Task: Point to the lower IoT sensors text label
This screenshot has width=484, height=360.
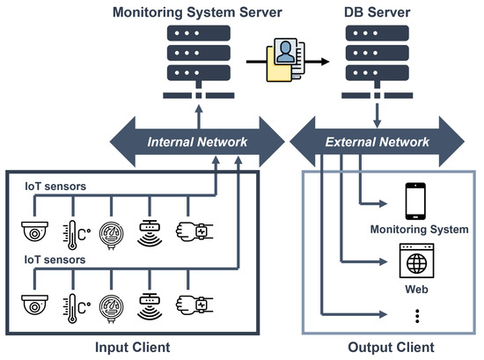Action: click(x=54, y=261)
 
